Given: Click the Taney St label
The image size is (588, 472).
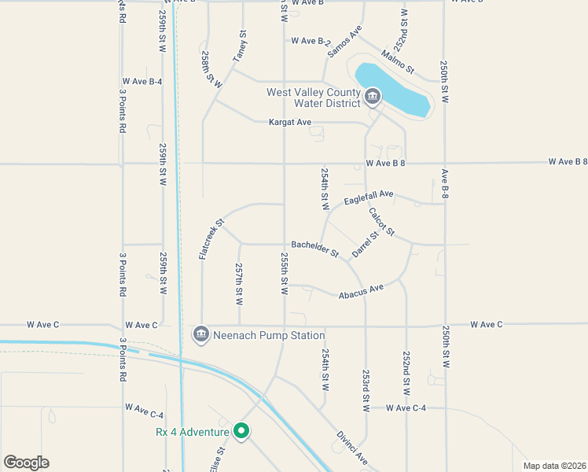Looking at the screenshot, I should pos(240,46).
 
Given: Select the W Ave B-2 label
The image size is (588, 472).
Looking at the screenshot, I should pos(311,41).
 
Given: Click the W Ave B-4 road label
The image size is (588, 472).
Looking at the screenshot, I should pos(142,82).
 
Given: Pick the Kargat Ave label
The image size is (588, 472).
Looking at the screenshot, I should pos(290,123).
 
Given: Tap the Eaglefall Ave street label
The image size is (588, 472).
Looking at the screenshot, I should pos(368,194).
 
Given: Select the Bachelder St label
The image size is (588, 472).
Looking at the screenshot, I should pos(314,249).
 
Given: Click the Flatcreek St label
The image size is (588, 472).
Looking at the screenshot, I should pos(211,239).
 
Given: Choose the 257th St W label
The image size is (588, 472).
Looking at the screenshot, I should pos(239,284).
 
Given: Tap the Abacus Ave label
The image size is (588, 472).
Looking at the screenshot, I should pos(361,291).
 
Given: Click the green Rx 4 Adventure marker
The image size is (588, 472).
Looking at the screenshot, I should pos(242,431).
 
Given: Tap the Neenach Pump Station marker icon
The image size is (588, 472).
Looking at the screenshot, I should pos(200,334).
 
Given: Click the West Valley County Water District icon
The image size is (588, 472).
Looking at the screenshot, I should pos(373,98).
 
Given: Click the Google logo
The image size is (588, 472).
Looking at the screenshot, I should pos(26,463).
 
